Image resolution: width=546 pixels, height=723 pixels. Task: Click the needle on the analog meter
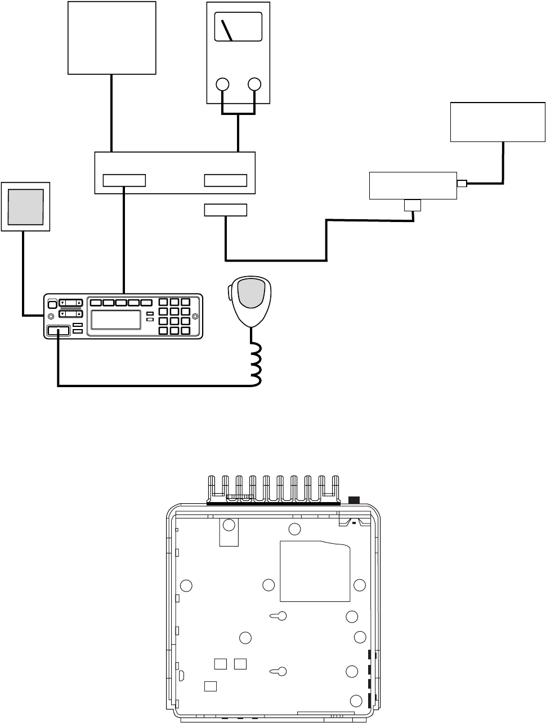pos(227,30)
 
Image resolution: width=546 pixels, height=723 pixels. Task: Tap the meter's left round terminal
pos(223,85)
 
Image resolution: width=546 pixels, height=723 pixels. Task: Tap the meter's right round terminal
pos(254,85)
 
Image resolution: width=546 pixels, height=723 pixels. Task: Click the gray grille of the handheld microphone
pos(251,292)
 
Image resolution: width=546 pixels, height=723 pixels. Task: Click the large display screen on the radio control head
pos(116,320)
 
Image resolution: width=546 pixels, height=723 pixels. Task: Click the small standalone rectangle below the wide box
pos(225,210)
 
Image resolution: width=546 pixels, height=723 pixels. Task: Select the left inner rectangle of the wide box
pos(124,180)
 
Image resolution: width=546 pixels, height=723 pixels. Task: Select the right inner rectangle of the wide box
pos(225,180)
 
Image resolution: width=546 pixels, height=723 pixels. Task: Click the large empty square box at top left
pos(112,37)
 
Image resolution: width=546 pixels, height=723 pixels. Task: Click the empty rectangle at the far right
pos(498,122)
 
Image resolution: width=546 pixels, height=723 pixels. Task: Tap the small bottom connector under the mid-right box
pos(413,205)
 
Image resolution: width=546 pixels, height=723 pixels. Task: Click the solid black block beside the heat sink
pos(354,500)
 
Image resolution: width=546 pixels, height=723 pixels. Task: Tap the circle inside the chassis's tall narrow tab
pos(229,526)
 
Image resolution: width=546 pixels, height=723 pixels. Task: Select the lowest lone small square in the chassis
pos(211,686)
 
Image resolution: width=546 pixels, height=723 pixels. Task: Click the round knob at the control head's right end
pos(195,316)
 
